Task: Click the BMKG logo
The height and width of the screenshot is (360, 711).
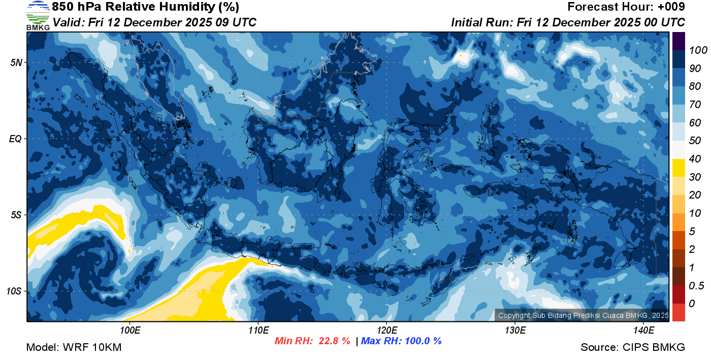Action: point(38,16)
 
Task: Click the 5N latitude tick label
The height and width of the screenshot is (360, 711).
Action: point(15,62)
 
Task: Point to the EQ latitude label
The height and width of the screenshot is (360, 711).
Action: point(15,139)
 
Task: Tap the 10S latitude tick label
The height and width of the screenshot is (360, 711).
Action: point(14,291)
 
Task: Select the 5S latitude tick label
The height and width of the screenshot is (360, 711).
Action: point(15,215)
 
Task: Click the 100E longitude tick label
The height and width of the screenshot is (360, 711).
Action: point(130,330)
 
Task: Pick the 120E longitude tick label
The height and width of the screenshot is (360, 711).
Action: point(386,330)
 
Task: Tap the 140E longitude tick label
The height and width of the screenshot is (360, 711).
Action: point(643,330)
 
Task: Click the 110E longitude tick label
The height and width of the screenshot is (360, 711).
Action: point(258,330)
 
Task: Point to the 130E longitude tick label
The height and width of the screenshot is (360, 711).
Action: point(515,330)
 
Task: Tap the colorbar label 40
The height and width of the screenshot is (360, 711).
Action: point(695,159)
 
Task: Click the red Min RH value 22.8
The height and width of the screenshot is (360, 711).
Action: point(334,341)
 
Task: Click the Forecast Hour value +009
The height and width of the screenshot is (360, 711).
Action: point(672,7)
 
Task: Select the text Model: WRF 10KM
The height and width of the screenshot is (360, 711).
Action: point(74,347)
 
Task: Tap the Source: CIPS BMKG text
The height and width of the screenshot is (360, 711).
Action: point(633,347)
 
